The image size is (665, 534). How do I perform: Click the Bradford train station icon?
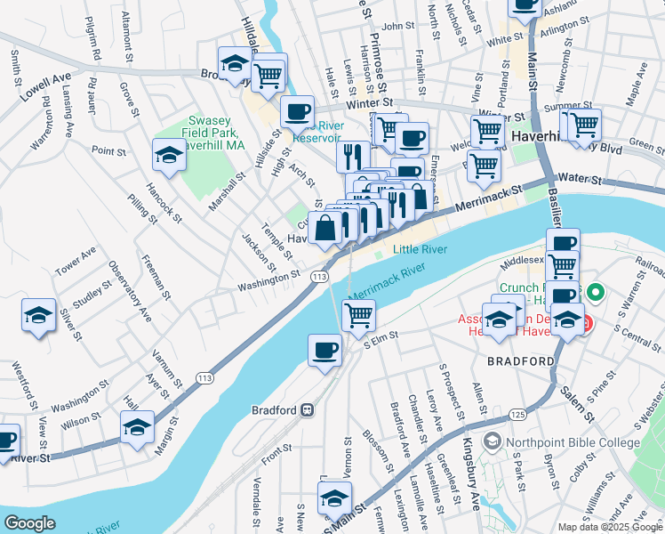[x=307, y=410]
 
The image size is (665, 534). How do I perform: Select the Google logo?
[x=30, y=523]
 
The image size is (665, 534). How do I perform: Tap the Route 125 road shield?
[x=517, y=416]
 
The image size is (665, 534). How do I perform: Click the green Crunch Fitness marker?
[x=597, y=290]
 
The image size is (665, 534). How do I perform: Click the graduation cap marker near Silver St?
[x=37, y=316]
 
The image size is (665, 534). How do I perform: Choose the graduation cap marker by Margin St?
[x=137, y=427]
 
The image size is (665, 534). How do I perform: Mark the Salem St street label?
[x=579, y=405]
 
